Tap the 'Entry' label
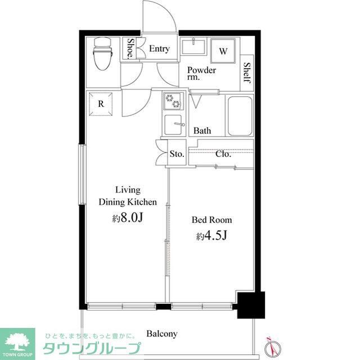click(159, 49)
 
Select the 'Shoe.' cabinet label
click(130, 49)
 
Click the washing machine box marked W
click(223, 52)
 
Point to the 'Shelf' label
click(247, 73)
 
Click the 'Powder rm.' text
click(201, 74)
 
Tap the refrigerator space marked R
click(101, 103)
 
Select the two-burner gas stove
click(173, 102)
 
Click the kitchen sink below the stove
click(173, 125)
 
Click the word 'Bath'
click(202, 131)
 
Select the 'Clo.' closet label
click(223, 154)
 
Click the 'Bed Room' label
click(211, 220)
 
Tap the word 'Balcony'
click(162, 334)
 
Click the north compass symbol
click(272, 344)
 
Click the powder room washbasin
click(195, 46)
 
